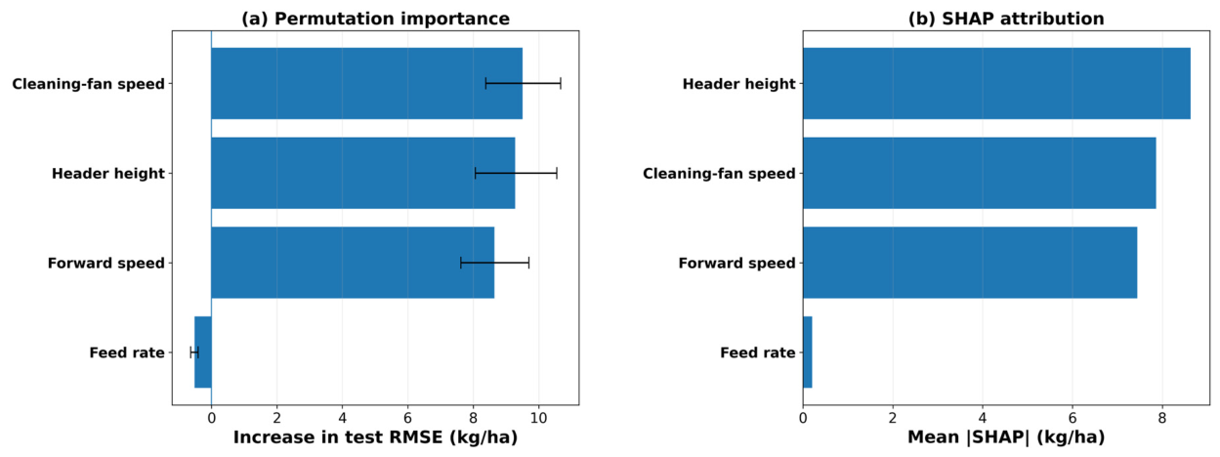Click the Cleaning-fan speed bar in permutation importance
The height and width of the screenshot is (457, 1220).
click(x=366, y=83)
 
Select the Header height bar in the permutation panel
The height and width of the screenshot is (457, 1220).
click(x=362, y=173)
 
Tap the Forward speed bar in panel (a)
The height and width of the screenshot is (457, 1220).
click(x=353, y=263)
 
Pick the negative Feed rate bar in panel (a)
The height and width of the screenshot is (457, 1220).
click(x=203, y=352)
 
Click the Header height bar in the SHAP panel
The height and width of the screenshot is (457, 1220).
click(x=996, y=83)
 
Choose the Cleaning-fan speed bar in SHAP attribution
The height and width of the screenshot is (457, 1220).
click(x=980, y=173)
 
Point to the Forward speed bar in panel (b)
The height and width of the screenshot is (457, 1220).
click(x=970, y=263)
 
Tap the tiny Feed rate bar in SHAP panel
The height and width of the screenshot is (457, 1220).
click(x=807, y=352)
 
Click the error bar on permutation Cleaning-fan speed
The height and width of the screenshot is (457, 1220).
click(x=523, y=83)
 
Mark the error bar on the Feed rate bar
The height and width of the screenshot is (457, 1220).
click(x=194, y=352)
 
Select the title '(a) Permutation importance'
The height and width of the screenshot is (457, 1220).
click(x=375, y=19)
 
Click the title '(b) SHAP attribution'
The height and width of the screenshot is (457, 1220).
click(x=1006, y=19)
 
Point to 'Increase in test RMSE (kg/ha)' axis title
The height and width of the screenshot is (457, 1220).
click(x=375, y=436)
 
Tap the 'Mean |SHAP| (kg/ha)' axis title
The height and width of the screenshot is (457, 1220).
click(x=1006, y=436)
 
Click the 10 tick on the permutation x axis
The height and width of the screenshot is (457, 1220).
click(x=538, y=418)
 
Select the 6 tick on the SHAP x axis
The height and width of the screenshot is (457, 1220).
click(x=1073, y=418)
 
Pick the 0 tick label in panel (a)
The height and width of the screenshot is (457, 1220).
click(x=211, y=418)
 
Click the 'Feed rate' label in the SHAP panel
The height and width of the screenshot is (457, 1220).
click(x=758, y=353)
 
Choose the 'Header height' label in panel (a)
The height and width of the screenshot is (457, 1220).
click(x=107, y=173)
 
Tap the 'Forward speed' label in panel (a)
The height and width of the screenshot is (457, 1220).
click(x=105, y=263)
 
